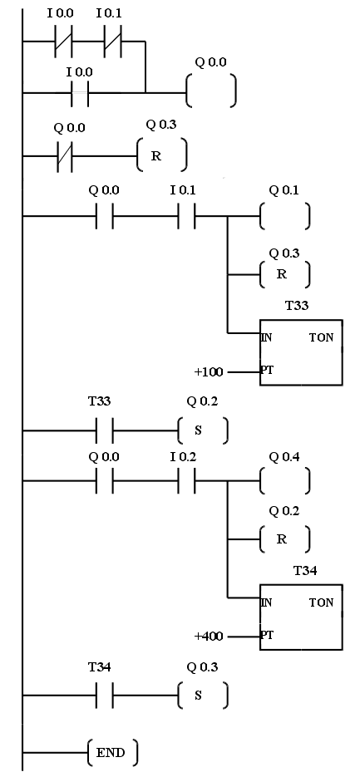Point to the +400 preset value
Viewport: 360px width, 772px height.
point(209,636)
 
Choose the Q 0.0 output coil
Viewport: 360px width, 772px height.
point(211,91)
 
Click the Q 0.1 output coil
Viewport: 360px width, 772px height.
point(285,216)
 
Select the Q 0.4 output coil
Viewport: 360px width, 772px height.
point(285,480)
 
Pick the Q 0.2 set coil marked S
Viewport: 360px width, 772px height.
point(203,430)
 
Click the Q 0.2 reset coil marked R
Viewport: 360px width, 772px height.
point(285,539)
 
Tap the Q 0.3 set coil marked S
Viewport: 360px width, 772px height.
point(203,696)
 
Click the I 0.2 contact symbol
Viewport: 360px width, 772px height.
point(186,480)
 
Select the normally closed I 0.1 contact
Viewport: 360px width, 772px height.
point(113,42)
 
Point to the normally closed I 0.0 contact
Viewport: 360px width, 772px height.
point(63,42)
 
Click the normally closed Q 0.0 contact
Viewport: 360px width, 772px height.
point(64,156)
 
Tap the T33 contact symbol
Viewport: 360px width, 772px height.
point(105,430)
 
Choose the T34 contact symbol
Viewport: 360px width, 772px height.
point(105,696)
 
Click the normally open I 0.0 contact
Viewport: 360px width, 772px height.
point(80,92)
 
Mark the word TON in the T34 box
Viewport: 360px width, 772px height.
point(321,602)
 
